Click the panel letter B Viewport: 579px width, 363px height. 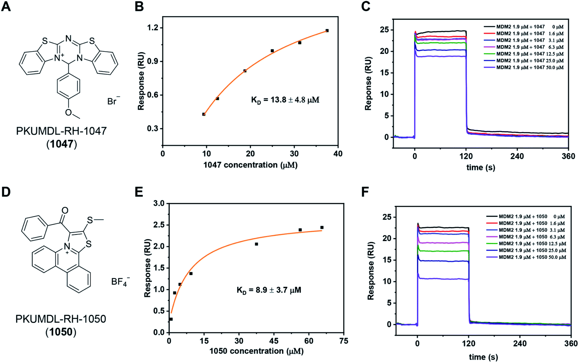pos(139,6)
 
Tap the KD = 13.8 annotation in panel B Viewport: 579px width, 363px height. pos(285,100)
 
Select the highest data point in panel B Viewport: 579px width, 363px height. pos(327,31)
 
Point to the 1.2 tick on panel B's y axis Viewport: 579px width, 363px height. pos(153,28)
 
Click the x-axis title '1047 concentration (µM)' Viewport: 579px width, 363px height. pos(250,165)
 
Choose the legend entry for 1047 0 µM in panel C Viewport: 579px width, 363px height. pos(524,27)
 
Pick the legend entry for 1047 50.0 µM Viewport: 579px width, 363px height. pos(524,67)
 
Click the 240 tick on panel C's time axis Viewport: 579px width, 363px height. pos(517,156)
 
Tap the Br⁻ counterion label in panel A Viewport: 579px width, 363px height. pos(113,102)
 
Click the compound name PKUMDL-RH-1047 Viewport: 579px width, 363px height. pos(61,131)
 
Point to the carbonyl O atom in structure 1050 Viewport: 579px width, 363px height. pos(65,210)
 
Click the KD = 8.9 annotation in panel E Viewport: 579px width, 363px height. pos(269,290)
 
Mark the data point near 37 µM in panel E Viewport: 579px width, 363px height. pos(257,244)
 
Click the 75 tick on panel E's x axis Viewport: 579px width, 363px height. pos(344,341)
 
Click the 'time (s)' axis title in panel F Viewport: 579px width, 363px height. pos(483,357)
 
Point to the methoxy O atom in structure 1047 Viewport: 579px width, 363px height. pos(69,112)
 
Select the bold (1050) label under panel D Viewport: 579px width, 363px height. pos(61,332)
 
